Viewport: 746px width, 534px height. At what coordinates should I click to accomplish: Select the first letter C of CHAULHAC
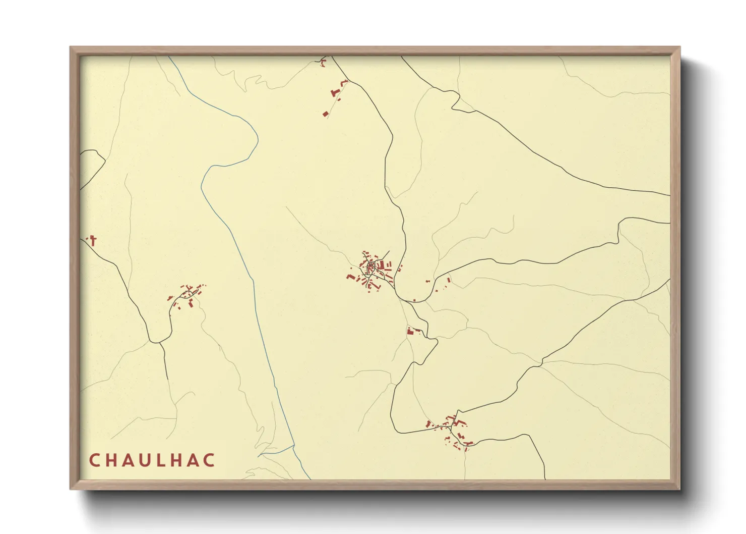(94, 460)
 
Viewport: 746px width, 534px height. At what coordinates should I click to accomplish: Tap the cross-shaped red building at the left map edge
(93, 240)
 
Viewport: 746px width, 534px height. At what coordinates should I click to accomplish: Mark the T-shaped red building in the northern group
(334, 93)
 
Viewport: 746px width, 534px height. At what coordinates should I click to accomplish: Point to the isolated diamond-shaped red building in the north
(326, 114)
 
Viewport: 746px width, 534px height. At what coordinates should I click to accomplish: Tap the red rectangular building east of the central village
(449, 279)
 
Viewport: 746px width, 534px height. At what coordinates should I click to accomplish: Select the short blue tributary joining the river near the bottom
(276, 450)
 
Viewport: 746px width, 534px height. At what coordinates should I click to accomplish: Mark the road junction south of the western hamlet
(160, 343)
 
